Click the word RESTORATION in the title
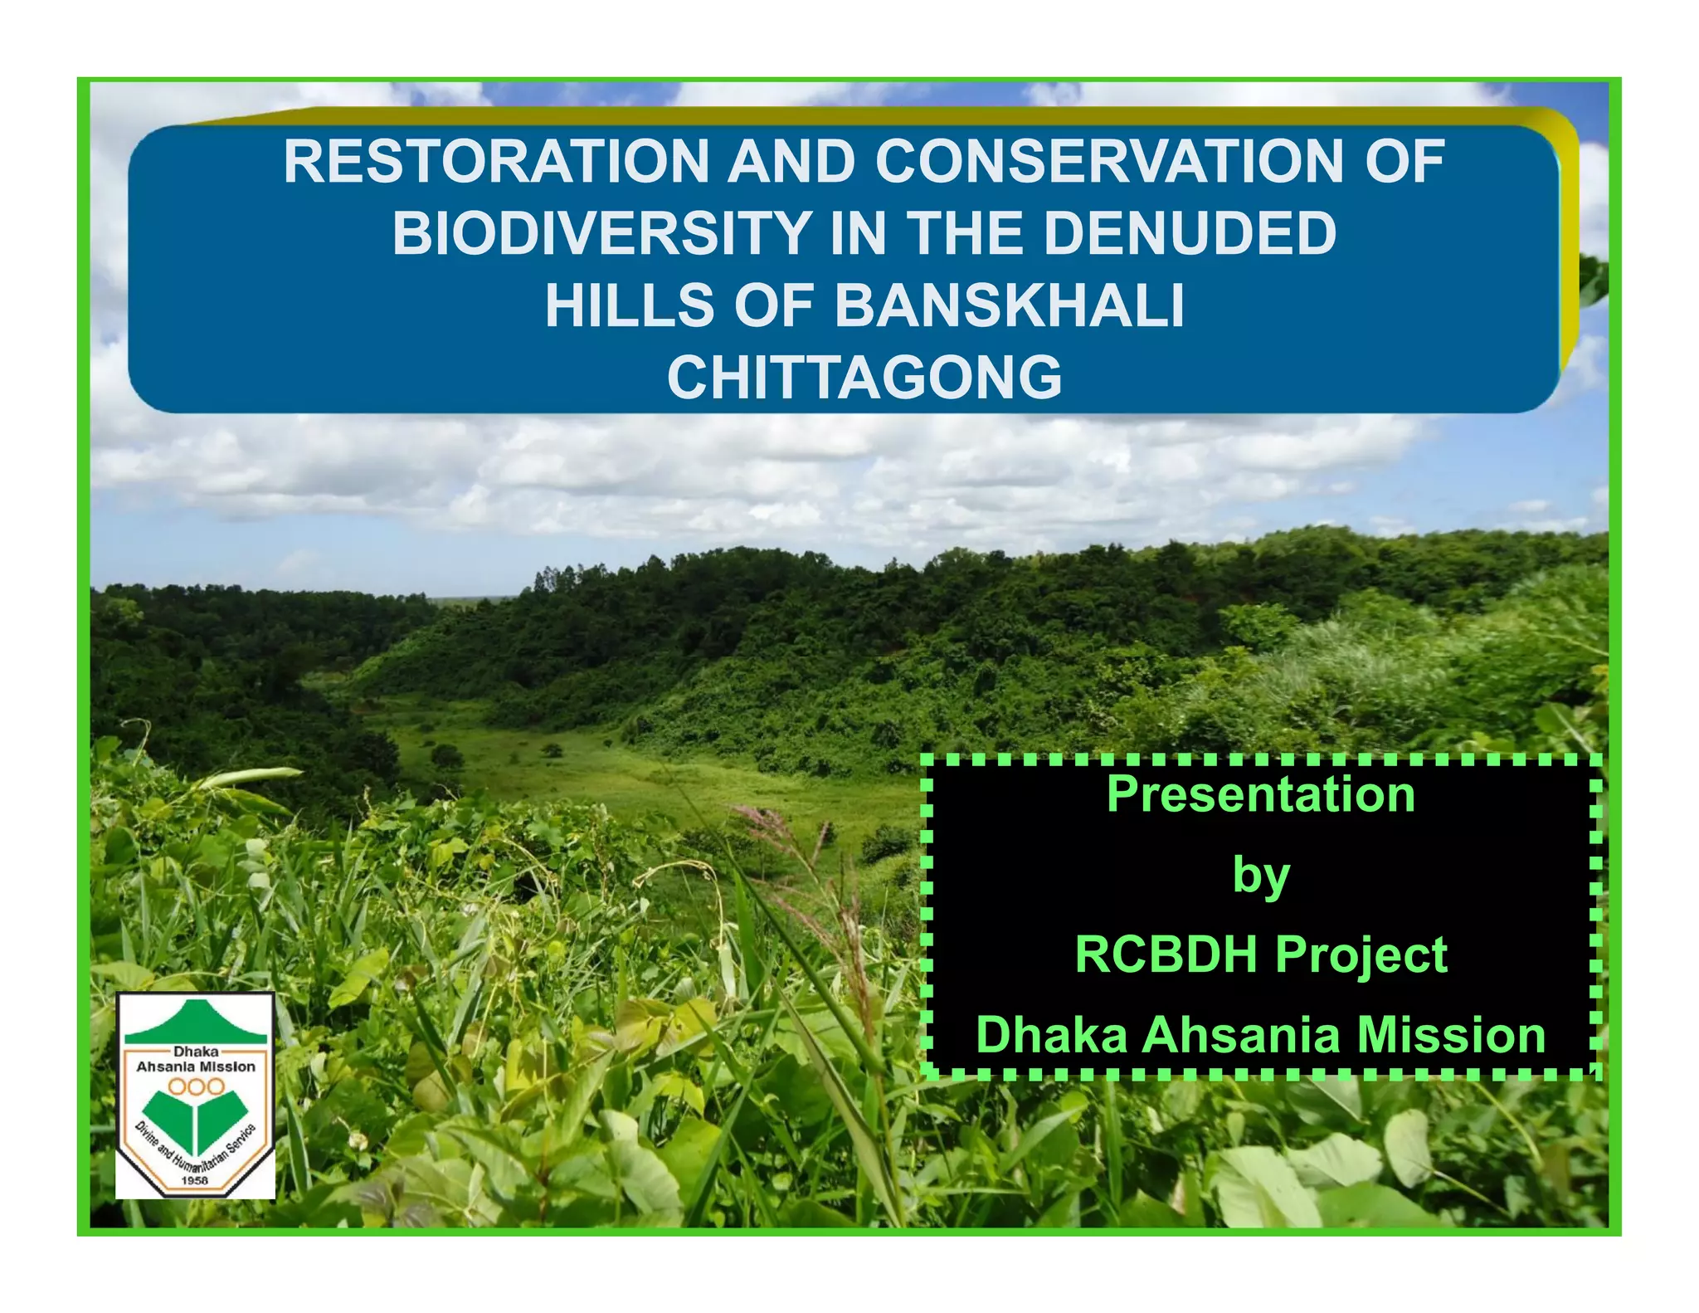coord(496,161)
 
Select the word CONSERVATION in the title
coord(1109,161)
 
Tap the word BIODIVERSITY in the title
coord(601,233)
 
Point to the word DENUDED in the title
coord(1189,233)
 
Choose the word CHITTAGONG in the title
coord(864,378)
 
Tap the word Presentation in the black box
coord(1261,794)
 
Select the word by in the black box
coord(1261,876)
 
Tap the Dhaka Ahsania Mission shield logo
coord(196,1096)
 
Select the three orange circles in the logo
coord(196,1086)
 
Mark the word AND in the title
coord(791,161)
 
